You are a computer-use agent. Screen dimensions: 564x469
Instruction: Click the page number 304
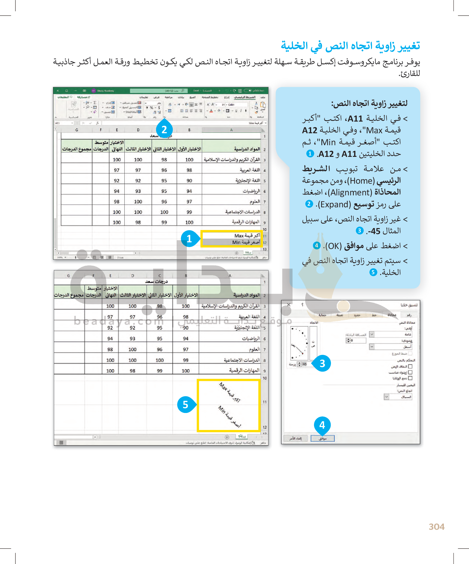pyautogui.click(x=436, y=527)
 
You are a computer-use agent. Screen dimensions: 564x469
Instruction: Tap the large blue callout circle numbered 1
pyautogui.click(x=189, y=239)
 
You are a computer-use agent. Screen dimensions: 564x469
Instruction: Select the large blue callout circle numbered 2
pyautogui.click(x=164, y=130)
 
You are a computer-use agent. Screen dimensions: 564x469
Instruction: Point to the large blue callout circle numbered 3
pyautogui.click(x=322, y=363)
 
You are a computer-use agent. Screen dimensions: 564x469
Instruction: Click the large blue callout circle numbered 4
pyautogui.click(x=322, y=425)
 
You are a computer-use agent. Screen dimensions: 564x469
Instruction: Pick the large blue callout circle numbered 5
pyautogui.click(x=185, y=404)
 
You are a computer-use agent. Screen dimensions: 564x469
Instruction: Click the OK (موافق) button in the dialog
pyautogui.click(x=322, y=438)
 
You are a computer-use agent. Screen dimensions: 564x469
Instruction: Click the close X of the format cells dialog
pyautogui.click(x=289, y=305)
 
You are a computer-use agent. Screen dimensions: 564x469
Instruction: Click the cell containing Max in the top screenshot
pyautogui.click(x=247, y=235)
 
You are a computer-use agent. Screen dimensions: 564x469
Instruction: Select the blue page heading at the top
pyautogui.click(x=350, y=46)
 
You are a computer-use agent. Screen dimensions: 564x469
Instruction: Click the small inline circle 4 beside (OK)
pyautogui.click(x=317, y=245)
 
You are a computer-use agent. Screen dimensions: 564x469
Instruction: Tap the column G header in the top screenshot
pyautogui.click(x=77, y=130)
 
